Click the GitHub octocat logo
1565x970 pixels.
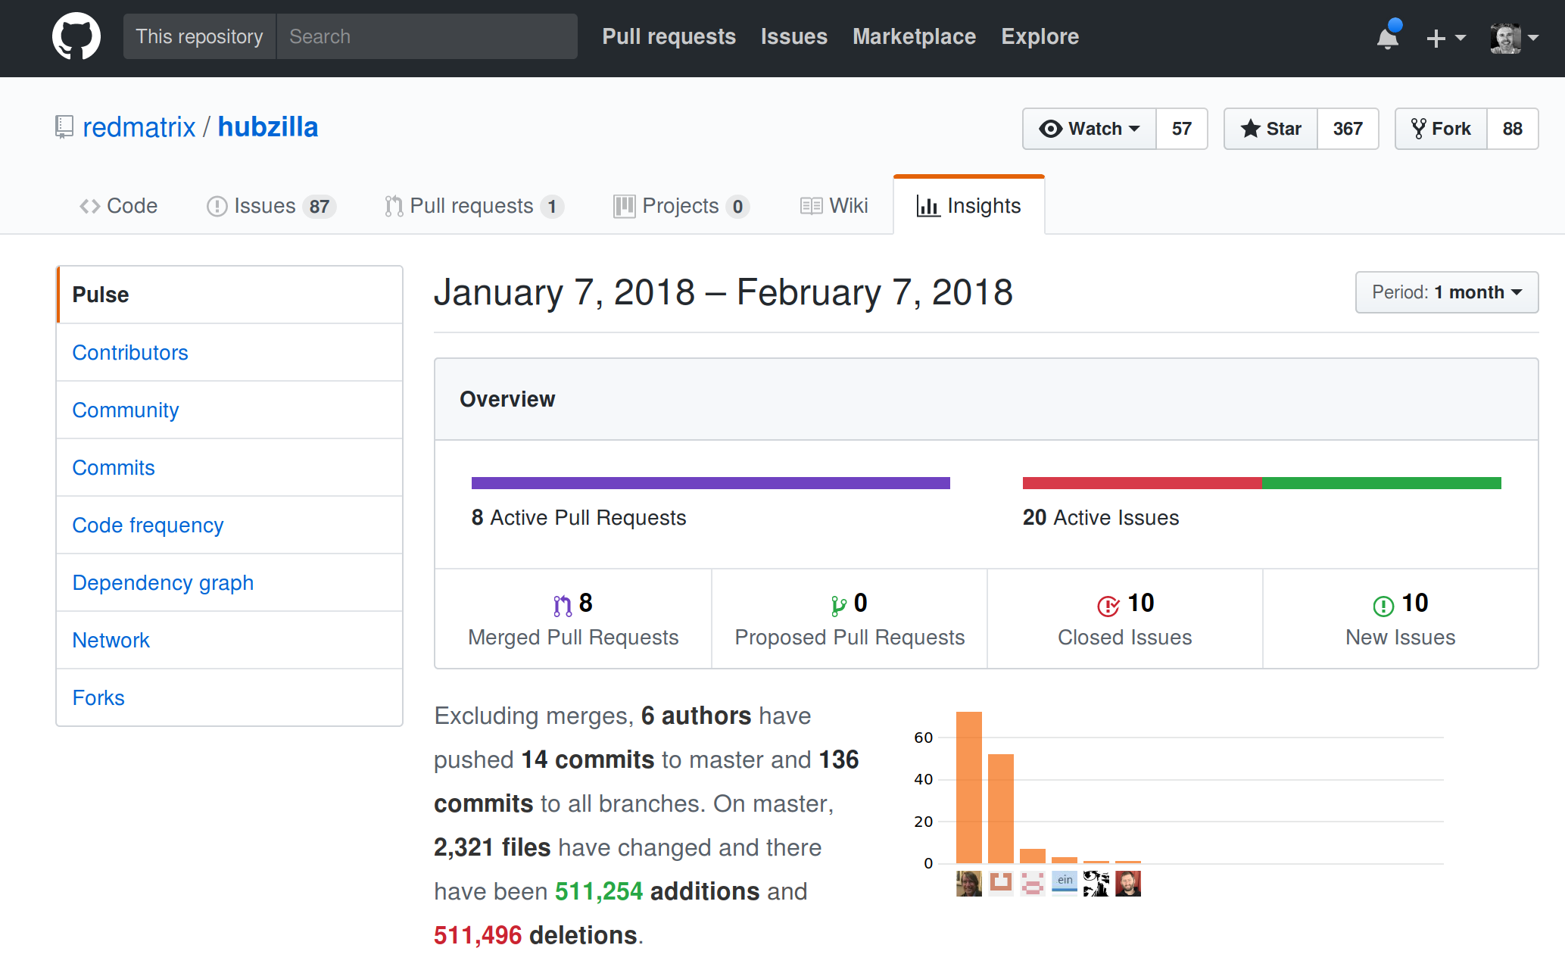pos(76,36)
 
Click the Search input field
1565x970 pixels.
pos(426,36)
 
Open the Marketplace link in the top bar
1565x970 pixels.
pos(914,36)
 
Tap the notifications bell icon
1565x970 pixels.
pos(1387,38)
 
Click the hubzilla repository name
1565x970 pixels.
pos(268,127)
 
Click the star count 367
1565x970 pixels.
pos(1348,129)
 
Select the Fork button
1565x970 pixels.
pos(1441,129)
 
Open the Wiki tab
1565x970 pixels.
pos(834,206)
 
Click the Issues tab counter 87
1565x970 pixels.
pos(319,207)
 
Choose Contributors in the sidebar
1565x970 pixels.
pos(130,353)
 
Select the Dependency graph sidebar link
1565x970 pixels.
pos(163,583)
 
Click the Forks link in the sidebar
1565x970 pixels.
pos(98,698)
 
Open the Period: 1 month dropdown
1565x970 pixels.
pos(1446,292)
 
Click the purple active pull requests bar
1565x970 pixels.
pos(710,483)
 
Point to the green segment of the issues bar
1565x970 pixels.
pos(1381,483)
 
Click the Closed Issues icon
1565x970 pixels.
pos(1108,606)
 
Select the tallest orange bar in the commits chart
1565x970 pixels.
pos(968,788)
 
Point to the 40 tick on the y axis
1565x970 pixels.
pos(923,779)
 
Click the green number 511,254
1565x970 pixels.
pos(598,892)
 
